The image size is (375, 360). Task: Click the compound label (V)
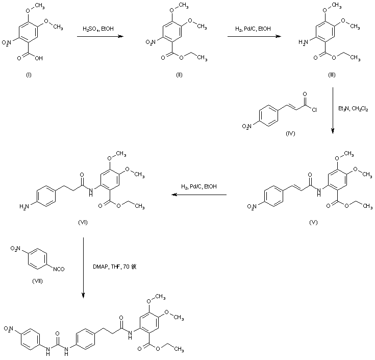click(x=314, y=223)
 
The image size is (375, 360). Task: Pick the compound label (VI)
click(x=85, y=223)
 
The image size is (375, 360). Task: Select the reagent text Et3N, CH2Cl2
click(x=353, y=109)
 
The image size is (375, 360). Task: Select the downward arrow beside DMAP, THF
click(x=83, y=268)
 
